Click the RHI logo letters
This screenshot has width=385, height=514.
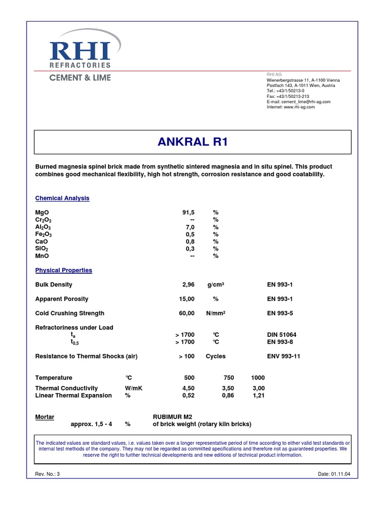pos(80,51)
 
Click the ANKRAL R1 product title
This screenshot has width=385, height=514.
pos(192,142)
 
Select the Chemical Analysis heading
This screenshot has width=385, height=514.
pos(62,198)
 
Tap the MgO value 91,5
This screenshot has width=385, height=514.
pos(188,212)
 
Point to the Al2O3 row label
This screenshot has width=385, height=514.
pos(43,227)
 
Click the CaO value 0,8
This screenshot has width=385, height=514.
pos(189,241)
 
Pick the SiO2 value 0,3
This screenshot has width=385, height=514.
pos(189,248)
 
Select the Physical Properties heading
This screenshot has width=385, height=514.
pos(64,270)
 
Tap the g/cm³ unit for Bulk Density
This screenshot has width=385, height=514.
pos(216,285)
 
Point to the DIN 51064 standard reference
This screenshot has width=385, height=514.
pos(282,335)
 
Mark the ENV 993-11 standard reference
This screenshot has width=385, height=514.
pos(283,356)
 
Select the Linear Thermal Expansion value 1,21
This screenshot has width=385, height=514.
pos(259,396)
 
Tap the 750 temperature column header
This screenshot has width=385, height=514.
pos(228,378)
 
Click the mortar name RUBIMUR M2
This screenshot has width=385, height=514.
pos(172,417)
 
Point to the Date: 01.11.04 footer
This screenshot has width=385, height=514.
pos(333,474)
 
